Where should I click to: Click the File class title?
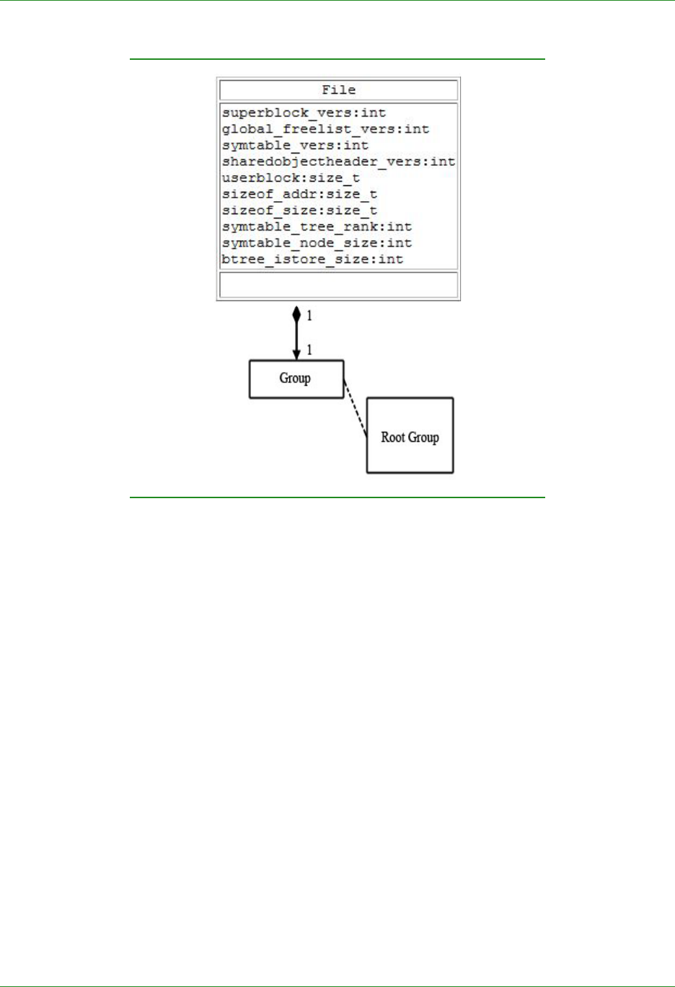click(338, 90)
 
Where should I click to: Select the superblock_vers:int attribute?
click(304, 113)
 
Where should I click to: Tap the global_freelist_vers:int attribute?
click(325, 130)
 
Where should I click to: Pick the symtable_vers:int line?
click(295, 146)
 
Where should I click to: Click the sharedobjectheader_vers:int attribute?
click(338, 162)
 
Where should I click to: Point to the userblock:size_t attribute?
click(291, 178)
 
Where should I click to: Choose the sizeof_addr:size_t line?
click(299, 195)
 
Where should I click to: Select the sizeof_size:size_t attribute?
click(299, 211)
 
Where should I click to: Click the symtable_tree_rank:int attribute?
click(317, 227)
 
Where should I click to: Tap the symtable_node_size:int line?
click(317, 243)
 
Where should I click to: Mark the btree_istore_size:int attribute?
click(312, 260)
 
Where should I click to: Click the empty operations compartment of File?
click(338, 285)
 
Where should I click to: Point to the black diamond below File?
click(296, 314)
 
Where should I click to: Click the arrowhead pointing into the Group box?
click(296, 355)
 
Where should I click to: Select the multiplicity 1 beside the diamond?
click(309, 316)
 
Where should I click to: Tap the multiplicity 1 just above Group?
click(309, 350)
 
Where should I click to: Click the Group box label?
click(295, 379)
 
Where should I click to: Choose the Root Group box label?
click(410, 438)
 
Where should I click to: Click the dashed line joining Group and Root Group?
click(356, 409)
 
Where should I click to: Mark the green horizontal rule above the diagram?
click(337, 59)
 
